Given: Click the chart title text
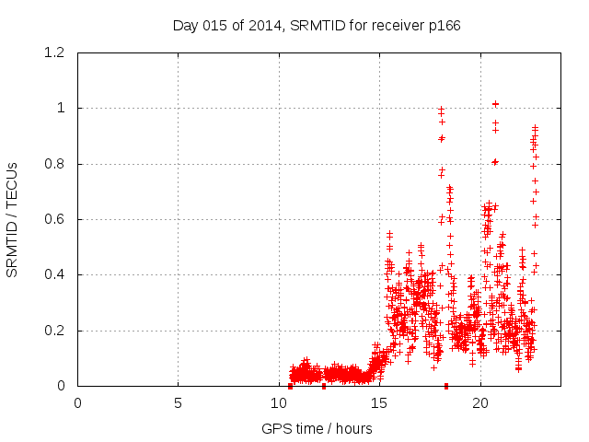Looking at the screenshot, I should [x=317, y=25].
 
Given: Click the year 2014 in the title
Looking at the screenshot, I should [x=263, y=25].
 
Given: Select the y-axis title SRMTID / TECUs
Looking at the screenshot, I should [x=12, y=219].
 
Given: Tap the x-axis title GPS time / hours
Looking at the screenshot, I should [x=317, y=428].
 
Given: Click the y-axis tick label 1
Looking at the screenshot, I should [x=63, y=109].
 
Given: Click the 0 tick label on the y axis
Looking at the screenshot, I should [x=63, y=386].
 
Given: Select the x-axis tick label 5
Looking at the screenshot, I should [x=178, y=402].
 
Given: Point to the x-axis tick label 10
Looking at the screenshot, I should [x=279, y=402].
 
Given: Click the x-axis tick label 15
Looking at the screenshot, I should [x=379, y=402].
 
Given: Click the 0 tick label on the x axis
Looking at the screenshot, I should [x=77, y=402].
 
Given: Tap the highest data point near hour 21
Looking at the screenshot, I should [x=495, y=104].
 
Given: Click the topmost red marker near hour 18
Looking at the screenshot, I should [x=441, y=110].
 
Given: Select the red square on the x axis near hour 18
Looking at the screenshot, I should [x=446, y=386].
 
